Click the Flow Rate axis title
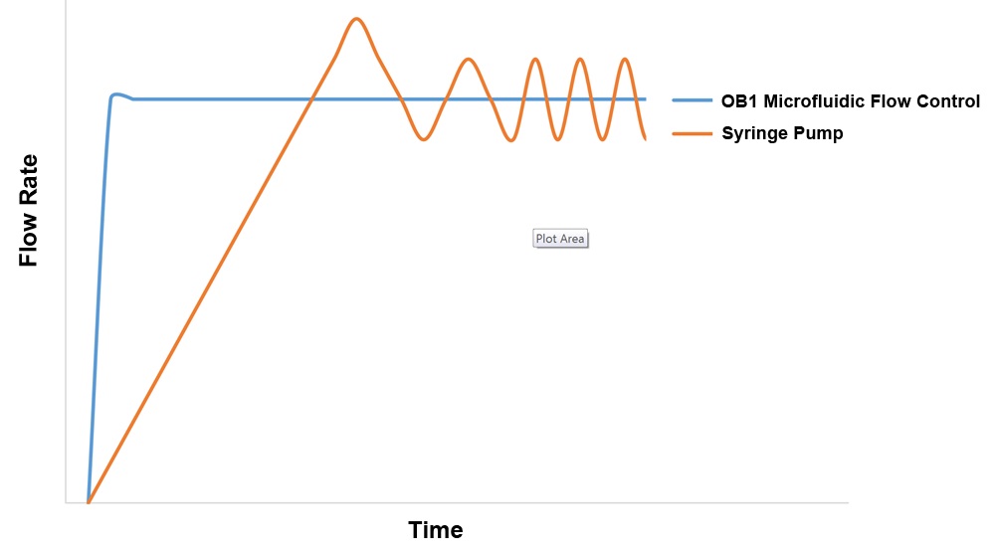click(x=29, y=210)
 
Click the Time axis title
click(x=436, y=530)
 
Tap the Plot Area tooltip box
click(x=560, y=239)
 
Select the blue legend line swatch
click(x=692, y=100)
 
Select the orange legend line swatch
click(x=692, y=133)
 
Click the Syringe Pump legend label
click(x=782, y=133)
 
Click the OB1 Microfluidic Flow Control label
click(x=851, y=100)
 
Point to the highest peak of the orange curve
click(x=356, y=19)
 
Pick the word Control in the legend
click(x=948, y=100)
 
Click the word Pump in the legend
click(x=821, y=133)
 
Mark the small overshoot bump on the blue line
click(x=116, y=95)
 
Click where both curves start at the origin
click(x=89, y=502)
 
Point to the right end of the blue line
click(x=645, y=99)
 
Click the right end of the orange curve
click(x=645, y=138)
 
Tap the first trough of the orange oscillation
click(x=423, y=139)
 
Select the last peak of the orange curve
click(x=625, y=59)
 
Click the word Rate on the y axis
click(x=29, y=180)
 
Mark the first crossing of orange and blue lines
click(x=311, y=99)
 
